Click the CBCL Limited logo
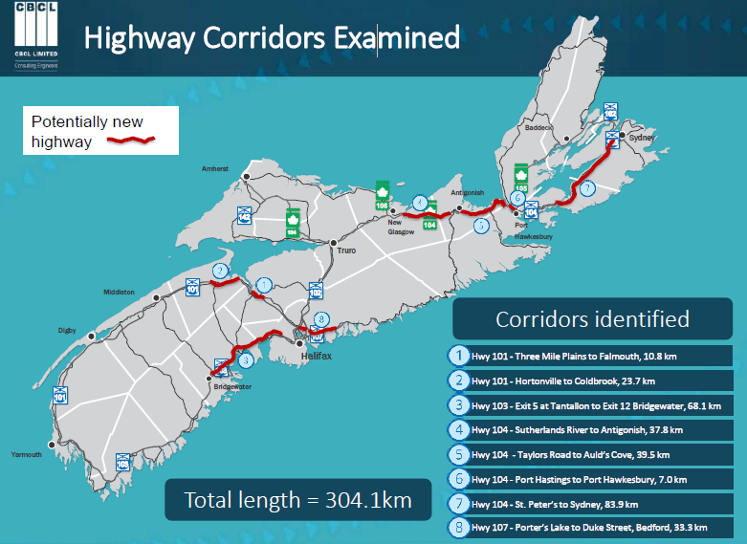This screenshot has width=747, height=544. [35, 37]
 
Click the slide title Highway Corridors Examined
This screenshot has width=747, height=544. [272, 38]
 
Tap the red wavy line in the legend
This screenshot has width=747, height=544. [130, 141]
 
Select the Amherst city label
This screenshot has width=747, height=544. [215, 168]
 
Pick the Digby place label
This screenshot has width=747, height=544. [66, 330]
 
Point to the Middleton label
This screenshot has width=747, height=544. [120, 292]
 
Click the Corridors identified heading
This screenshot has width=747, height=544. [592, 318]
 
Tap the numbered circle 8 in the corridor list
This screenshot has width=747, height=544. [459, 527]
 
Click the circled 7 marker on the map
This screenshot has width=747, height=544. [587, 187]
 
